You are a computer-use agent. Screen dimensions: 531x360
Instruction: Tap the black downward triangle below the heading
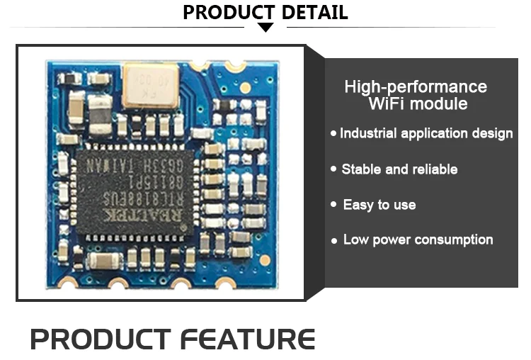(265, 28)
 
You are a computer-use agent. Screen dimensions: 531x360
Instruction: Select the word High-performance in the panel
(416, 87)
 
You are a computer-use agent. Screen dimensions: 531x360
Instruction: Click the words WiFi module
(418, 104)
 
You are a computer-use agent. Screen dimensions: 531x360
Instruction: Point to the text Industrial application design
(426, 133)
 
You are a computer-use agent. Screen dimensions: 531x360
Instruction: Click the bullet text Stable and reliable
(399, 169)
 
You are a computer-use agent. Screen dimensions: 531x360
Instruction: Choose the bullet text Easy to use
(379, 205)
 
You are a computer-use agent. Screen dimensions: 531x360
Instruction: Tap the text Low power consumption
(418, 240)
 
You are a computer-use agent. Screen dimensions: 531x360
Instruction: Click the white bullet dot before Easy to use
(333, 205)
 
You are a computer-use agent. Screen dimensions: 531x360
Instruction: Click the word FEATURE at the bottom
(248, 339)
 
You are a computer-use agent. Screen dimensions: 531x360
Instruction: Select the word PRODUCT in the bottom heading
(101, 339)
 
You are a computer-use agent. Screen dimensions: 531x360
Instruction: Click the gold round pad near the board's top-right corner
(245, 88)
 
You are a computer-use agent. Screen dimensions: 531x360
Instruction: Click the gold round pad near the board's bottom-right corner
(265, 260)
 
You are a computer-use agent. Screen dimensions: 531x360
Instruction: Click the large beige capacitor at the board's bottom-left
(104, 261)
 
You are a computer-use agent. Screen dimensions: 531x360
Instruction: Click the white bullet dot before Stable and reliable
(333, 170)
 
